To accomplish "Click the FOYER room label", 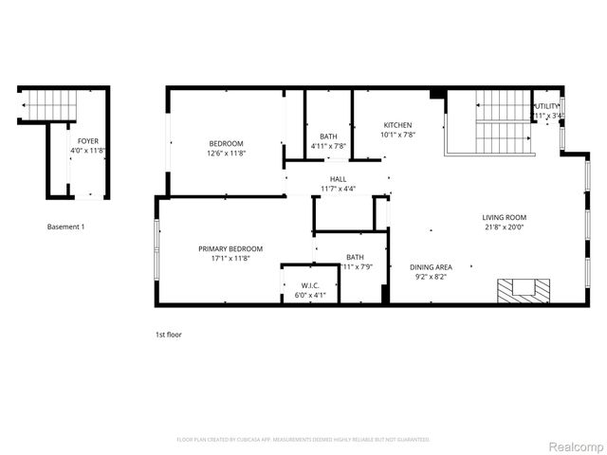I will coord(88,141).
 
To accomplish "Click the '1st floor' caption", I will coord(169,335).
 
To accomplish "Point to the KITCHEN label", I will coord(397,125).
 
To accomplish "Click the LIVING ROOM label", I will coord(504,217).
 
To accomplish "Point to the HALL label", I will coord(338,179).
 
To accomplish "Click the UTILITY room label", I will coord(547,106).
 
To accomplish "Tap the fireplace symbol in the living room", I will coord(524,290).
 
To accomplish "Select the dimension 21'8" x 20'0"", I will coord(504,227).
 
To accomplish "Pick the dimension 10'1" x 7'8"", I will coord(397,135).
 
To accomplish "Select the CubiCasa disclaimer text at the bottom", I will coord(303,440).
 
